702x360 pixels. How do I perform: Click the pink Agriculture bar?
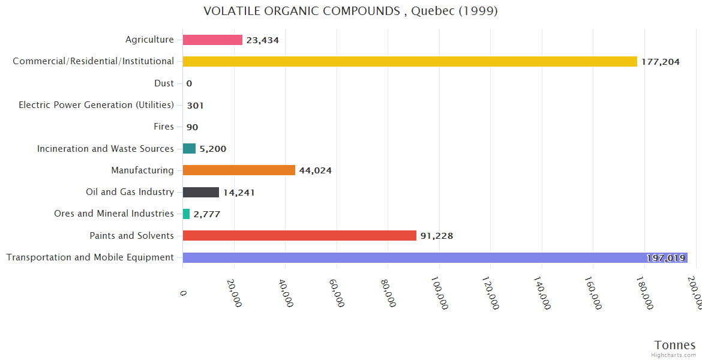[212, 40]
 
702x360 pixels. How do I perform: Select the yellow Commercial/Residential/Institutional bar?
[410, 61]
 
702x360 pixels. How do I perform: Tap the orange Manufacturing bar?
[239, 170]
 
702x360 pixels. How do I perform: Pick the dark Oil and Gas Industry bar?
[201, 192]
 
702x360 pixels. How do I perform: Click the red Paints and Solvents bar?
[299, 236]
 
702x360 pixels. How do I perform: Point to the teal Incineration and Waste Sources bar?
[189, 149]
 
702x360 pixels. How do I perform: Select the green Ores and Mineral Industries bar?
[186, 214]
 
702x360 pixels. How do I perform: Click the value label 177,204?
[661, 62]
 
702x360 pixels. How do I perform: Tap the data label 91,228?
[437, 236]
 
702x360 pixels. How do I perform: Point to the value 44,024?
[315, 170]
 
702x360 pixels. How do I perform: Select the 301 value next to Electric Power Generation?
[195, 106]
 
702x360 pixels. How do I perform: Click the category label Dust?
[164, 83]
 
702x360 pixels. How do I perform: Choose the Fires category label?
[164, 127]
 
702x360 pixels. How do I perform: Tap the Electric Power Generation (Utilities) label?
[96, 105]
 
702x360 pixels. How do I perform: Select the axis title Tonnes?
[675, 345]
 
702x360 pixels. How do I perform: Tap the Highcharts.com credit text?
[674, 355]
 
